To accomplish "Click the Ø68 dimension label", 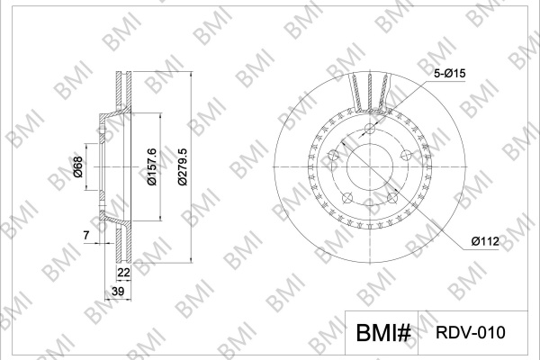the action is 78,166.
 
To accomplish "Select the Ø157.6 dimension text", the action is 151,166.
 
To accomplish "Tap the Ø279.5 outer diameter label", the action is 182,166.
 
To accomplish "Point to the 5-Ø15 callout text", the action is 449,74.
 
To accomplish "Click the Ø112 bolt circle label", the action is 485,241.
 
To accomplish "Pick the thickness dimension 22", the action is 123,273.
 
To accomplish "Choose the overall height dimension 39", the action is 118,292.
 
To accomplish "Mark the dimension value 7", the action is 86,235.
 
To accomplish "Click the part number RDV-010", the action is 471,333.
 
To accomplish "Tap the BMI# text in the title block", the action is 383,333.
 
